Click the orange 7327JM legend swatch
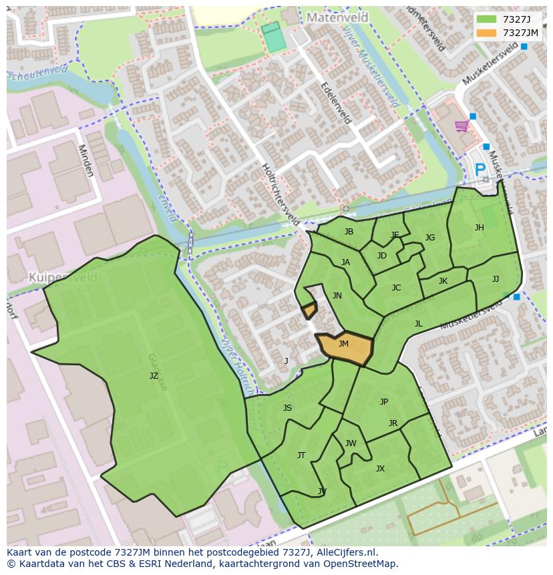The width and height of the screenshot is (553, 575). click(x=488, y=33)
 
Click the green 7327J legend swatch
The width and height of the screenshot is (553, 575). click(x=488, y=19)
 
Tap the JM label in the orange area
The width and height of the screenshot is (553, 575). click(x=343, y=344)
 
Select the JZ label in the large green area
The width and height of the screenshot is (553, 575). click(x=154, y=376)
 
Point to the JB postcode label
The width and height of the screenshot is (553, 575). click(x=349, y=232)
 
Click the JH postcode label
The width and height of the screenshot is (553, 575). click(x=479, y=228)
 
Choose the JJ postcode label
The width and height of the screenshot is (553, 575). click(x=495, y=279)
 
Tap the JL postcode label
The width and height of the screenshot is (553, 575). click(x=418, y=324)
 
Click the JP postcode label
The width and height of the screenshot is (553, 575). click(x=383, y=402)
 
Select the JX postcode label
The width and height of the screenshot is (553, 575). click(x=380, y=469)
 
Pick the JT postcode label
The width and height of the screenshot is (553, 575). click(x=301, y=455)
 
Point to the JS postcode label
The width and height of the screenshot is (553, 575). click(x=287, y=408)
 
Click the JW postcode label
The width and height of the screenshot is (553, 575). click(x=351, y=443)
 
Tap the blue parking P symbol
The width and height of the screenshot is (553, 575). click(x=480, y=171)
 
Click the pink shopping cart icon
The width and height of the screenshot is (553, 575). click(x=461, y=126)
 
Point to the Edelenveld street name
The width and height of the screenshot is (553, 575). click(x=336, y=104)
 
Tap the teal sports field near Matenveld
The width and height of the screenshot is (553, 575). click(x=272, y=37)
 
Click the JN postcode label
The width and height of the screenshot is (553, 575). click(x=337, y=296)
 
